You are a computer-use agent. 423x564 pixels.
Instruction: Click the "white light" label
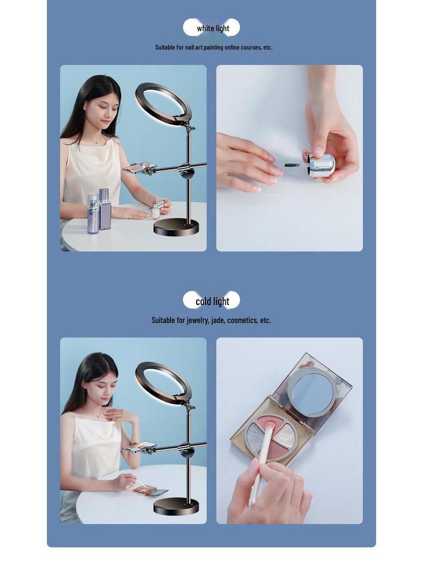(x=213, y=28)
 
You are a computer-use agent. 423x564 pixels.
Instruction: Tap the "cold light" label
(x=212, y=301)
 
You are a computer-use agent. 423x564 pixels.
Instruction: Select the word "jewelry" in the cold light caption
(x=197, y=320)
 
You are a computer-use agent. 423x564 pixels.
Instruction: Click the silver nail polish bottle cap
(x=323, y=165)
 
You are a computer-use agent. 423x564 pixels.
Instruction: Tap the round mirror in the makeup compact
(x=312, y=392)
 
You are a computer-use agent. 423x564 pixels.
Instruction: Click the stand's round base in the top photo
(x=176, y=226)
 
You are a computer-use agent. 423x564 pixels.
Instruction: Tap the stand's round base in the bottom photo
(x=176, y=506)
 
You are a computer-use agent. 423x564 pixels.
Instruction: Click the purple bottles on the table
(x=99, y=212)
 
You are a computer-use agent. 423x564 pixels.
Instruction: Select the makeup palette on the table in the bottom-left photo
(x=150, y=490)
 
